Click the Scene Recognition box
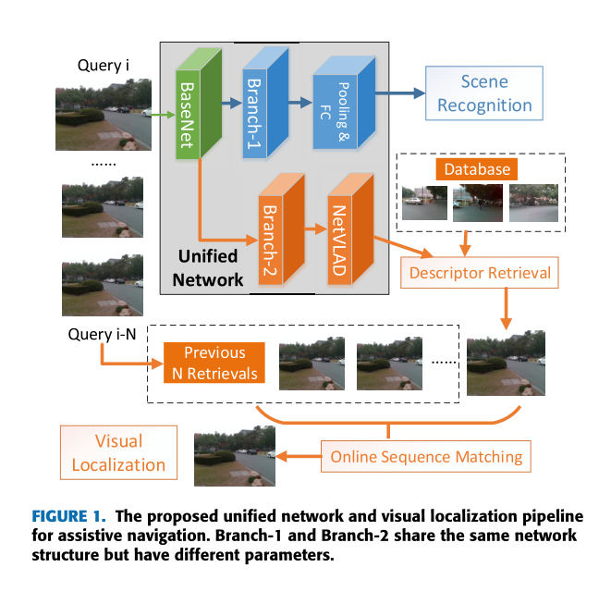pyautogui.click(x=484, y=93)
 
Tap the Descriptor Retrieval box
pyautogui.click(x=480, y=272)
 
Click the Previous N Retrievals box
pyautogui.click(x=214, y=362)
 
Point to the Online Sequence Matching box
pyautogui.click(x=426, y=456)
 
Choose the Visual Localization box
pyautogui.click(x=117, y=452)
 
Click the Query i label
pyautogui.click(x=103, y=66)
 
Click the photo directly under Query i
pyautogui.click(x=96, y=114)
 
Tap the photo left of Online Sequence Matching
pyautogui.click(x=235, y=456)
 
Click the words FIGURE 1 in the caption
pyautogui.click(x=69, y=515)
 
